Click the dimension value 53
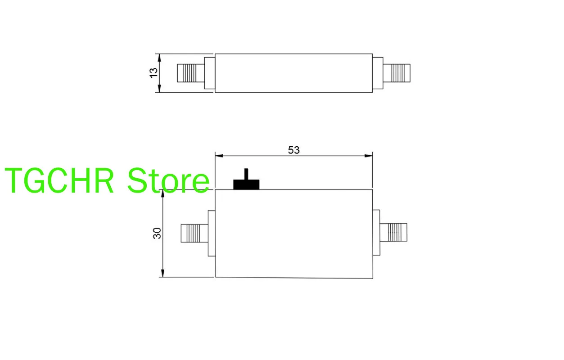tap(293, 150)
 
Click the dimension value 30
tap(157, 233)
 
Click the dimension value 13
tap(154, 72)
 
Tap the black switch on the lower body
tap(246, 183)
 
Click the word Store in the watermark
tap(168, 181)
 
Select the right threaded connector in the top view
tap(397, 73)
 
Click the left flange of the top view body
tap(209, 73)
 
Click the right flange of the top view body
tap(378, 73)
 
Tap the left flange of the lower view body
tap(211, 233)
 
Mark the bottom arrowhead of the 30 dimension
tap(163, 273)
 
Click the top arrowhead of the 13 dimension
tap(158, 57)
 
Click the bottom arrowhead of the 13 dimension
tap(158, 89)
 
